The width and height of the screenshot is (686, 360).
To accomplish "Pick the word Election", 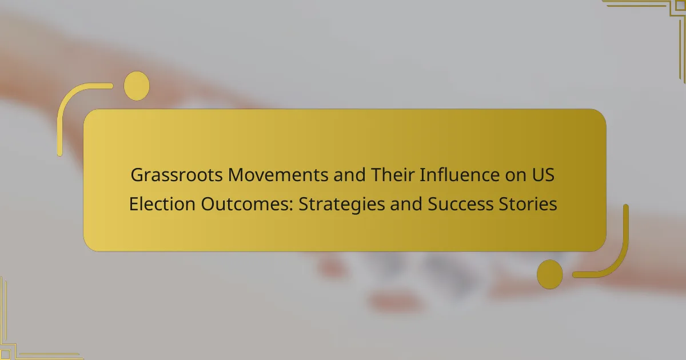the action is click(x=162, y=204).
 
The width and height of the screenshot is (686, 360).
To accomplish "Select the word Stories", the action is click(x=528, y=204).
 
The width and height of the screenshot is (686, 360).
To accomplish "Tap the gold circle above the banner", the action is click(x=137, y=86).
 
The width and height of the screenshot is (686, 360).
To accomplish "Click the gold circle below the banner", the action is click(x=550, y=274).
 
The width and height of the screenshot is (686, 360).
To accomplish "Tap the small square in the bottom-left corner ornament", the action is click(x=5, y=354).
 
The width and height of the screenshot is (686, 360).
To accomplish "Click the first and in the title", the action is click(x=349, y=175).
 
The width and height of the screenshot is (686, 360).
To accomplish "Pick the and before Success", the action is click(x=406, y=204).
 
